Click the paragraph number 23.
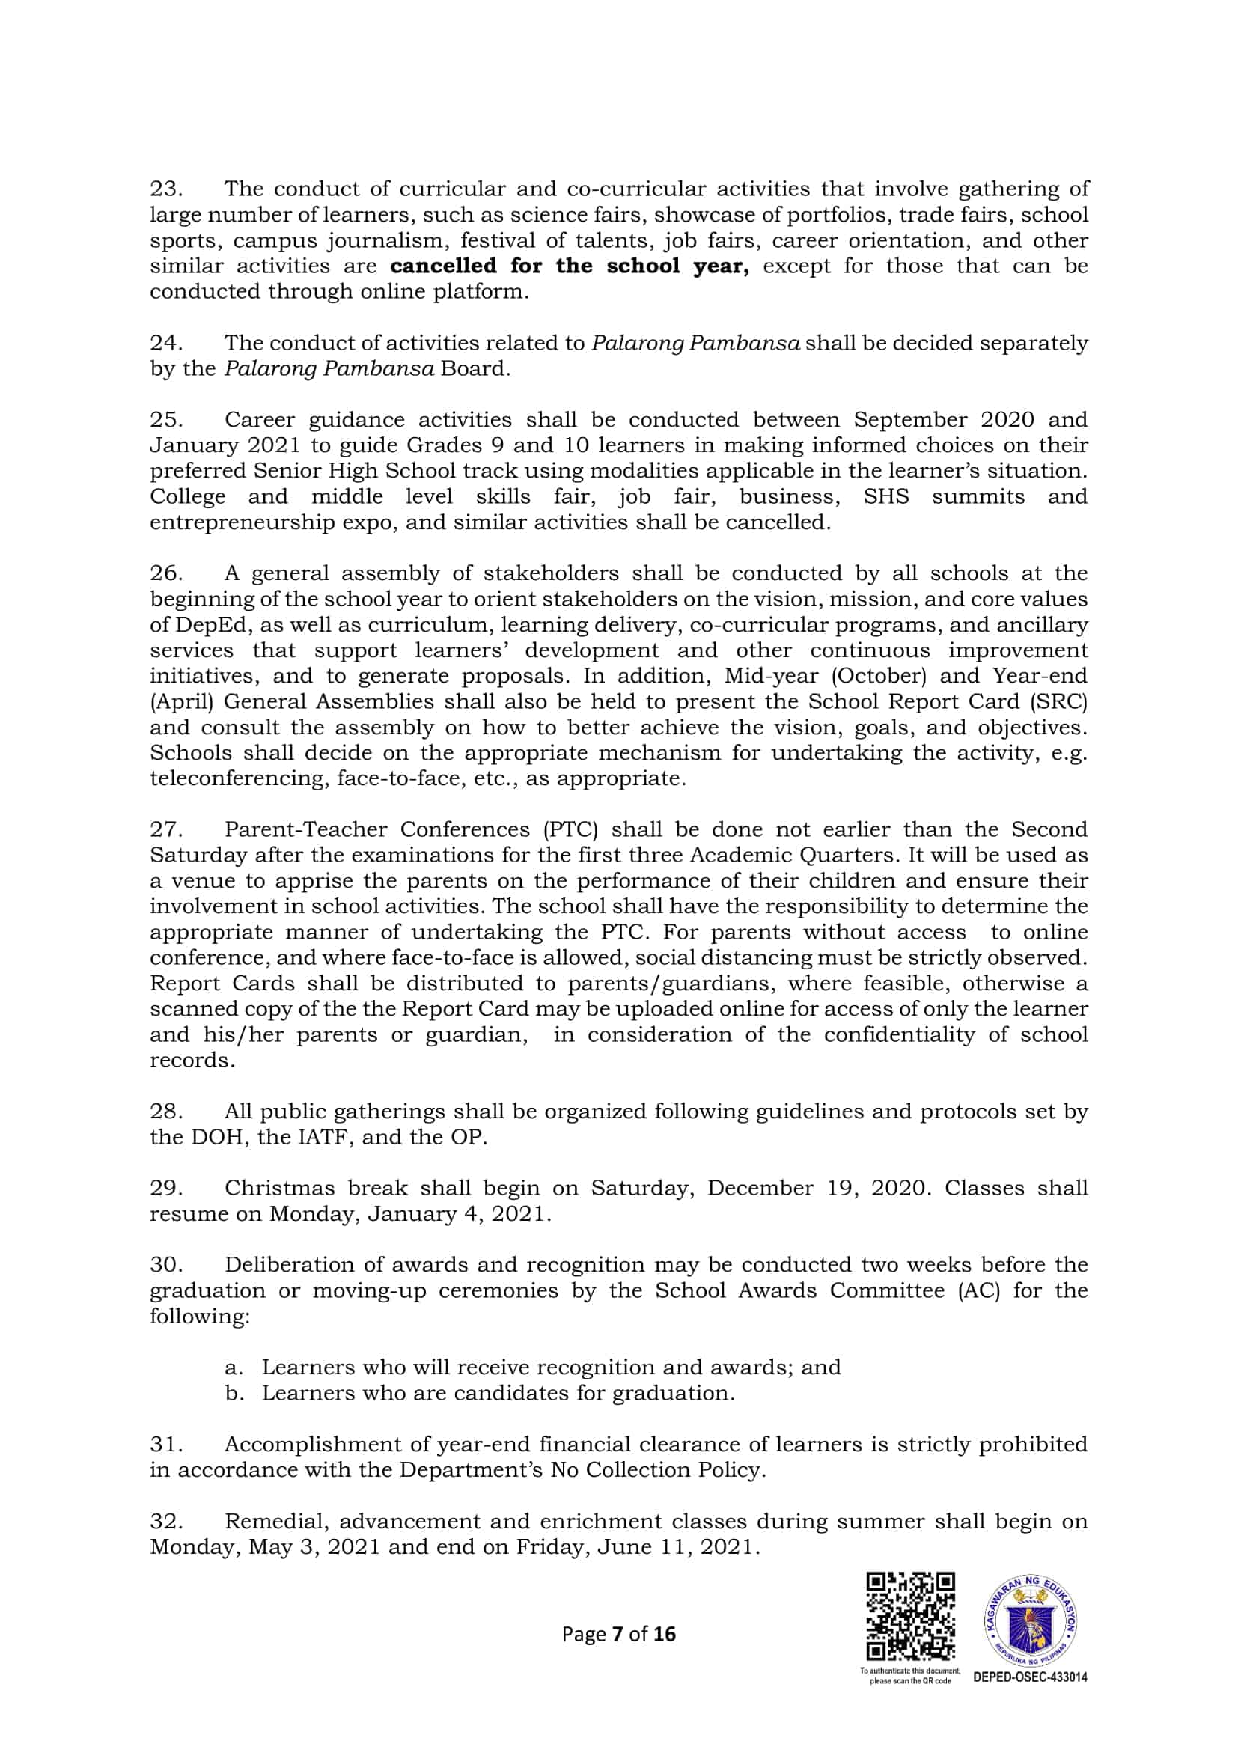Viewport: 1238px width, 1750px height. pyautogui.click(x=165, y=189)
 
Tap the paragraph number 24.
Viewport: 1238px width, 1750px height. pyautogui.click(x=165, y=343)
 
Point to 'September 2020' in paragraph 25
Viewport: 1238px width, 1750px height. pyautogui.click(x=944, y=420)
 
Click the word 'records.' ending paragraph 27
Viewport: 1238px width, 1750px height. pyautogui.click(x=192, y=1060)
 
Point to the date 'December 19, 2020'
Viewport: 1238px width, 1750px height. pyautogui.click(x=818, y=1189)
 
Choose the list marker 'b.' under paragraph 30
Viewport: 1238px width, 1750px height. pyautogui.click(x=235, y=1393)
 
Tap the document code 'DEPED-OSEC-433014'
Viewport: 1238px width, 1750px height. pyautogui.click(x=1031, y=1677)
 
